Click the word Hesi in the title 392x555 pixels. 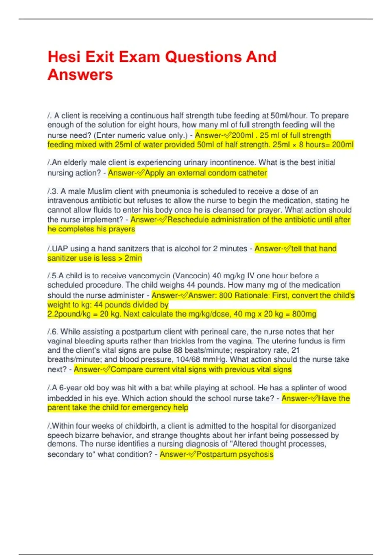(x=64, y=57)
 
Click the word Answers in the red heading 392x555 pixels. (x=80, y=75)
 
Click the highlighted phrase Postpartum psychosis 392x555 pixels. (x=235, y=454)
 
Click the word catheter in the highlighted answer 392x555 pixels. (x=252, y=173)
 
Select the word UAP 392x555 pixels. (x=60, y=249)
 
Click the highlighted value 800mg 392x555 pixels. (x=304, y=314)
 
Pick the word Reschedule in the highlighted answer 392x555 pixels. (x=188, y=220)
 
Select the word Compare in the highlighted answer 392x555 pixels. (x=127, y=370)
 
